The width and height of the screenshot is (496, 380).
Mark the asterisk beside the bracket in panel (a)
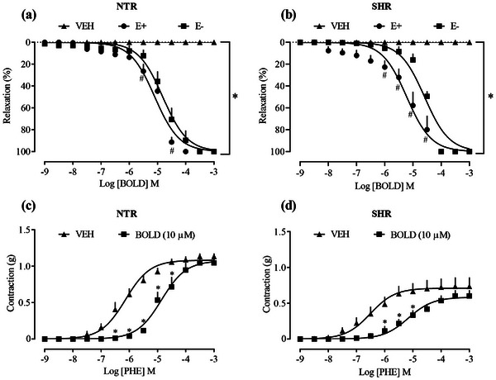(236, 97)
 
